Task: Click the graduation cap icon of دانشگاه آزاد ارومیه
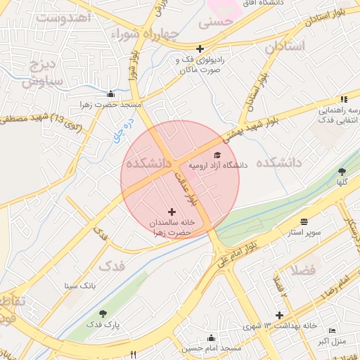coord(217,155)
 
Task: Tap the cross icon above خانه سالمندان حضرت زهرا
coord(172,211)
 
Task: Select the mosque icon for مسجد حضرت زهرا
coord(110,94)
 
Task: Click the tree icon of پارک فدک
coord(103,314)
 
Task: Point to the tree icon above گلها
coord(342,171)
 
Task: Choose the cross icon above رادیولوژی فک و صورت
coord(200,49)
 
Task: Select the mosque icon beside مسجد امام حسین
coord(231,349)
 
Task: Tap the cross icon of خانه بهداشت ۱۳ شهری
coord(280,316)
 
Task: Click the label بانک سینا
coord(79,286)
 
